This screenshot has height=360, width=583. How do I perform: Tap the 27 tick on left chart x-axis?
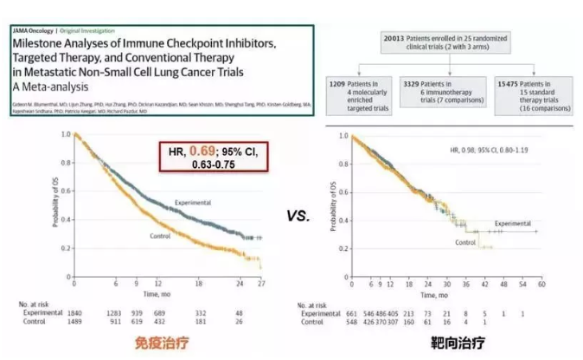(x=262, y=284)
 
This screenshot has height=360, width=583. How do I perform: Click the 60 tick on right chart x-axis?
(x=542, y=284)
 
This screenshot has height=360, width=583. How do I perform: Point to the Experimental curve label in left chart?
(x=192, y=202)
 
